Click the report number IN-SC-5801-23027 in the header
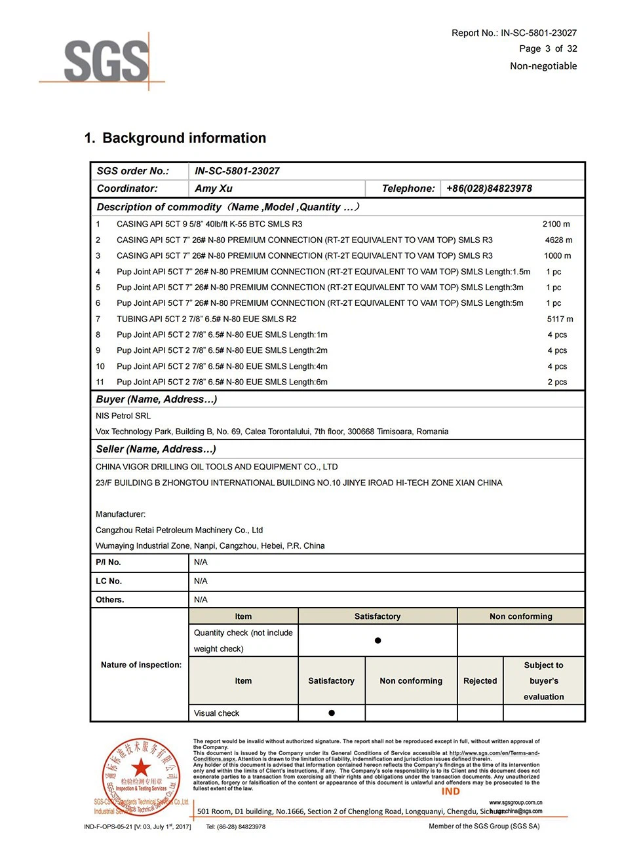[x=539, y=33]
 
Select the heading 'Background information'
[x=184, y=138]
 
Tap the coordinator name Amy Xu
[x=214, y=189]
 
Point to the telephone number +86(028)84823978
[x=489, y=189]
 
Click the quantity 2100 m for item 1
[x=556, y=224]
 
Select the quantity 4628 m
[x=558, y=240]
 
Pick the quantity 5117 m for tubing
[x=560, y=319]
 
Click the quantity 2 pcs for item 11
[x=557, y=382]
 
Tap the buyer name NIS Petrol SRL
[x=123, y=416]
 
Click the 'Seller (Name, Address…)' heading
[x=156, y=449]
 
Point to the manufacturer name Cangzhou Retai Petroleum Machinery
[x=179, y=530]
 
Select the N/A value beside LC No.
[x=201, y=581]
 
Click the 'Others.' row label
[x=110, y=600]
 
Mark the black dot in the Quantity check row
[x=378, y=640]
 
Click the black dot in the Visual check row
[x=332, y=713]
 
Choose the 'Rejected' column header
[x=480, y=681]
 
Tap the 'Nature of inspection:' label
[x=141, y=665]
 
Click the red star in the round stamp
[x=141, y=767]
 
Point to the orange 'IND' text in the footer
[x=450, y=792]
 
